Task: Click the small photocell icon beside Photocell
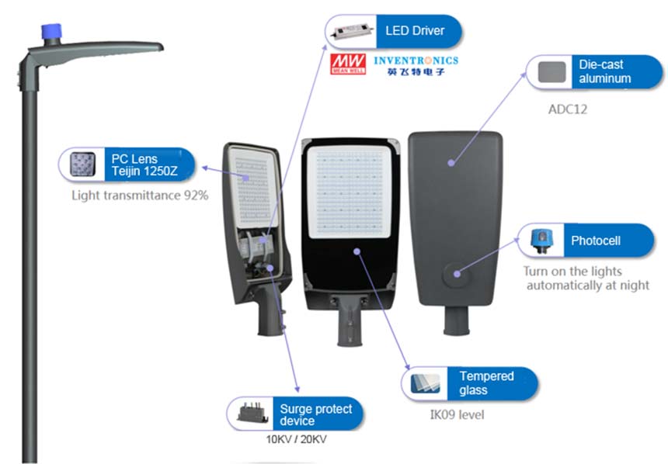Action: point(540,240)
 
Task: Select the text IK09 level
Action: point(457,415)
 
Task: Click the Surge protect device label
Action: point(315,414)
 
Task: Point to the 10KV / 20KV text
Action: point(297,439)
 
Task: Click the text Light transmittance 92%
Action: point(140,196)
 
